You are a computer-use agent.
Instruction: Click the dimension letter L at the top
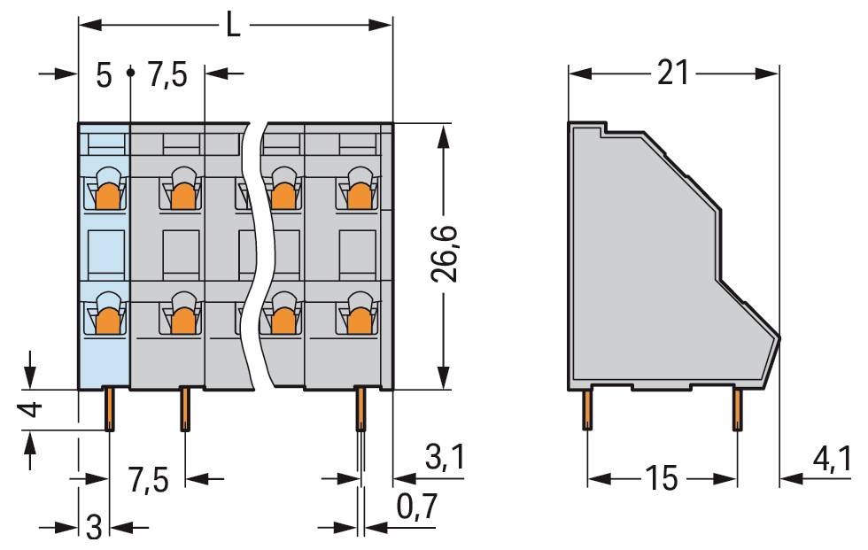coord(233,26)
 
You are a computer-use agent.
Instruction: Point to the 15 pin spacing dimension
coord(662,479)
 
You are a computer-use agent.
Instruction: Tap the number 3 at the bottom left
coord(94,528)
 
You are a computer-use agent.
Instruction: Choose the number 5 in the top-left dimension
coord(104,76)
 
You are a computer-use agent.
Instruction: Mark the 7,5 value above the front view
coord(167,76)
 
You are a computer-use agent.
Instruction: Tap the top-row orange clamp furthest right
coord(358,195)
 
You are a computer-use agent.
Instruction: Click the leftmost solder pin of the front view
coord(110,409)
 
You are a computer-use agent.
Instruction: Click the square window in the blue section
coord(105,252)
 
